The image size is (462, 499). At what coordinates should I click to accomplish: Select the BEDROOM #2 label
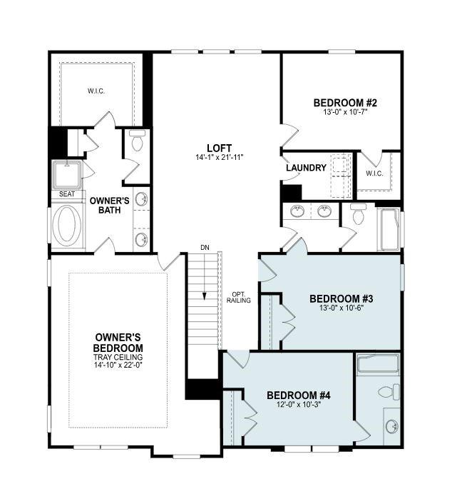[345, 103]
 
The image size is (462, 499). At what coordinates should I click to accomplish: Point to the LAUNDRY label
[307, 168]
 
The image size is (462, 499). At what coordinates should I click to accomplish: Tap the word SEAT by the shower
[67, 193]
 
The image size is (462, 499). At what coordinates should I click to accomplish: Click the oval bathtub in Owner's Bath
[67, 226]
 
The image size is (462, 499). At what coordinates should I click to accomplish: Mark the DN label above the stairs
[205, 247]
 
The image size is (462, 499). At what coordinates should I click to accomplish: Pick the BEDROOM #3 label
[342, 298]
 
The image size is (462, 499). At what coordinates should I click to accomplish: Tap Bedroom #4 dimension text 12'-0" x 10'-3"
[299, 405]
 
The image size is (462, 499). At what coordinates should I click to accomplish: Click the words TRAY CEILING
[118, 357]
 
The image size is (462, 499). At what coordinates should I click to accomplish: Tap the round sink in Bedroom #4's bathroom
[391, 427]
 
